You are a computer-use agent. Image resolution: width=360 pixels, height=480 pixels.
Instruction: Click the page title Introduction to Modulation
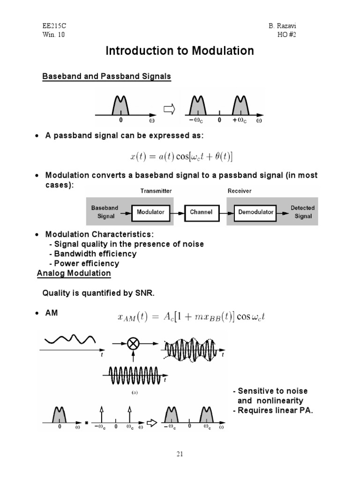(180, 51)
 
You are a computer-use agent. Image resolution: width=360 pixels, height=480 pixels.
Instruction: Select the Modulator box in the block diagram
(150, 212)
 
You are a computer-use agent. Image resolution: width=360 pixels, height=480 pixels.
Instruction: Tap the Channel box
(201, 212)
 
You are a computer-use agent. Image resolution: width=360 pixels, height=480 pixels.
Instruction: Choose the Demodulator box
(255, 212)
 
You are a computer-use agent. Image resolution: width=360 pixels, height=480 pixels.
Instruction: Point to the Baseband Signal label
(105, 212)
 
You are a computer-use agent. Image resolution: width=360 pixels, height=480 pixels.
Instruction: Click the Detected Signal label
(303, 212)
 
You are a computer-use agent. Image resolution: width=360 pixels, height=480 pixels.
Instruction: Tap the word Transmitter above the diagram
(156, 191)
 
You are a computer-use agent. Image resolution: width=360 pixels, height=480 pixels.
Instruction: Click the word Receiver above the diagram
(240, 191)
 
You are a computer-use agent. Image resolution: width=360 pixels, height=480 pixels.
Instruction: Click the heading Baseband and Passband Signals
(106, 76)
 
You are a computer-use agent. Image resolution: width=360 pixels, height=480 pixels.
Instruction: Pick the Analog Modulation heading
(74, 273)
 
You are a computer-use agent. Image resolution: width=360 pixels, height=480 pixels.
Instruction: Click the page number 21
(180, 454)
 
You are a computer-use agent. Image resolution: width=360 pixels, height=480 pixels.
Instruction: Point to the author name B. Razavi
(300, 27)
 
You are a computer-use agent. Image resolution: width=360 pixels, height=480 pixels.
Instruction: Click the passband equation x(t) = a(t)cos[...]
(181, 156)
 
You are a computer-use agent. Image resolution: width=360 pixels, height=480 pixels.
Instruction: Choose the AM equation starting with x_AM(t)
(191, 317)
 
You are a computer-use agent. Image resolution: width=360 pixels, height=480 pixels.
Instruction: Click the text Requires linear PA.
(273, 411)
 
